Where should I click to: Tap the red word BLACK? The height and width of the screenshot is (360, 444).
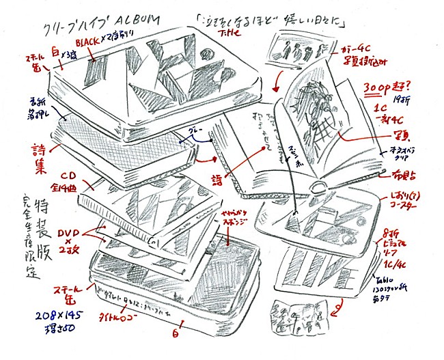click(90, 42)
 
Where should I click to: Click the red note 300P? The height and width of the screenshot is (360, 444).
click(380, 87)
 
